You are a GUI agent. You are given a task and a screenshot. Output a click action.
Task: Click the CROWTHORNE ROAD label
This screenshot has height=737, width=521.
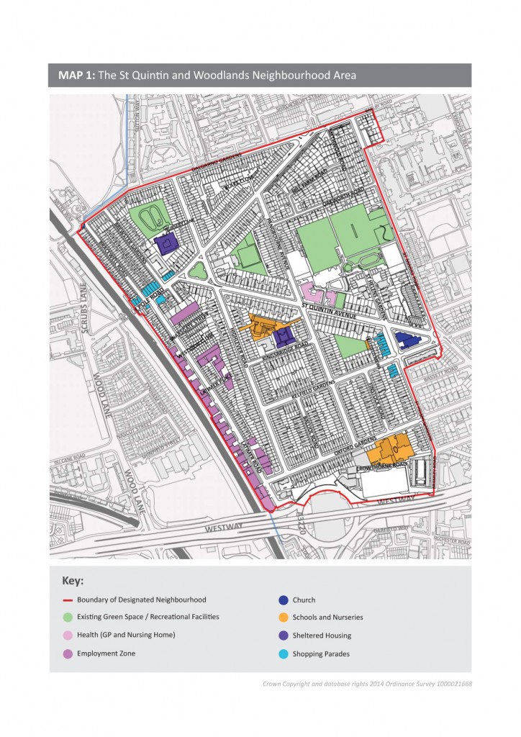[x=382, y=466]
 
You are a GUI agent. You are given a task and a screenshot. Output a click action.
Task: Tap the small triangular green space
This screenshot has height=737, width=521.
[x=199, y=271]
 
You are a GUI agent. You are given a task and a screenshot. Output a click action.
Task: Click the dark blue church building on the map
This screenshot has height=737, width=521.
[x=409, y=340]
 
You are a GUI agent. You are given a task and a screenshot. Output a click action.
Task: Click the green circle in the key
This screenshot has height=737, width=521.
[x=66, y=617]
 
